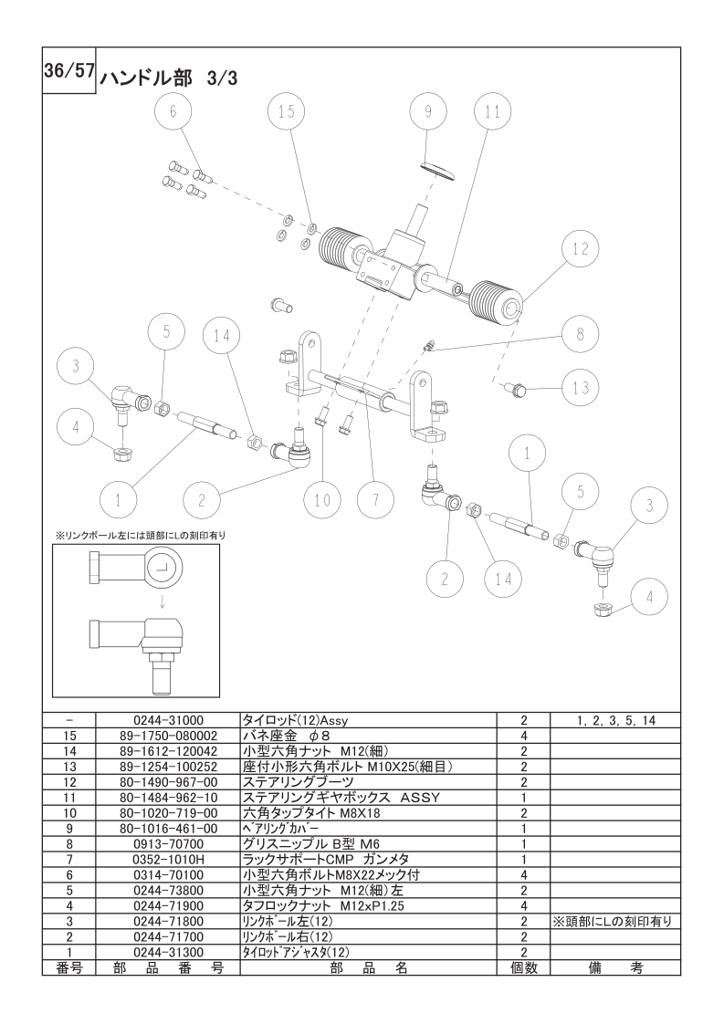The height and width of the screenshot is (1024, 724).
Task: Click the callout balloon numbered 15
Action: [287, 111]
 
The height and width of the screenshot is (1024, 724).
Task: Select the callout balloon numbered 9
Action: [429, 111]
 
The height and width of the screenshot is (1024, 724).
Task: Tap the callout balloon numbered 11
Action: [493, 111]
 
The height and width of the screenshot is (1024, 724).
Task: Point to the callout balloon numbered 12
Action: [581, 249]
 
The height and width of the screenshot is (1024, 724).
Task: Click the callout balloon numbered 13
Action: [581, 388]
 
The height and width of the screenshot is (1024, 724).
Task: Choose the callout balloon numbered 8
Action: [581, 334]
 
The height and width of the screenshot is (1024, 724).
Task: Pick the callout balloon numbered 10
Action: [323, 501]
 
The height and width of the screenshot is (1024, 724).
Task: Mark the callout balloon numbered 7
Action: [376, 501]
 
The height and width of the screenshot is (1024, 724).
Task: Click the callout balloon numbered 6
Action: [173, 111]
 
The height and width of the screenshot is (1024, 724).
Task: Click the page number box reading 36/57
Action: [69, 70]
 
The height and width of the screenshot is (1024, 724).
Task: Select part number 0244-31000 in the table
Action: [169, 720]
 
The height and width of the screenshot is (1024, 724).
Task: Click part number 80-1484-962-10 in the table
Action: [169, 798]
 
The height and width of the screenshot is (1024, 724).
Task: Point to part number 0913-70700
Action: [169, 844]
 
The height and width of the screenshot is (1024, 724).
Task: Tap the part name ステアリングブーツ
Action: [298, 782]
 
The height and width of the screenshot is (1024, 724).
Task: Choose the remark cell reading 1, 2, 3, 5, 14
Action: [616, 720]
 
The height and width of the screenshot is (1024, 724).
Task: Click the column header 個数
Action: [524, 967]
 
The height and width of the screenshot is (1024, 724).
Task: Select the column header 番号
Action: [69, 967]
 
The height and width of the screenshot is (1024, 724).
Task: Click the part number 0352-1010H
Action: [169, 860]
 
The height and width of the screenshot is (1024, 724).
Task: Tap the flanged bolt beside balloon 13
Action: [516, 390]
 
